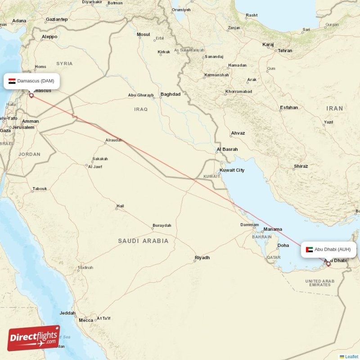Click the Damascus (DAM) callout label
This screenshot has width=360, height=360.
(32, 81)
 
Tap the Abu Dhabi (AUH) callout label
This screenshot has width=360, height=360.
(328, 249)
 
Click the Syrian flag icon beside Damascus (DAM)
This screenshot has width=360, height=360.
(12, 81)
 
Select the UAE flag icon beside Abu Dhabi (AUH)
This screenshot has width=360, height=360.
(309, 249)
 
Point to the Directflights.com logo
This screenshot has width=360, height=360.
(34, 338)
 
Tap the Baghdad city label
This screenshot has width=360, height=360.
(170, 94)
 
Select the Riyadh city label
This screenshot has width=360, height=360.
(202, 258)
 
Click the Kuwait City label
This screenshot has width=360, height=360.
(232, 171)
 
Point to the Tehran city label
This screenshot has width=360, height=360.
(285, 51)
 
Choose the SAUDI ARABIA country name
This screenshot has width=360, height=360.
(143, 241)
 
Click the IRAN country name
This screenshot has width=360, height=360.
(334, 108)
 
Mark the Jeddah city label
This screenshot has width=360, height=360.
(67, 313)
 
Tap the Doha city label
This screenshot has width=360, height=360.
(283, 246)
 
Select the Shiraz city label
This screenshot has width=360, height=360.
(301, 166)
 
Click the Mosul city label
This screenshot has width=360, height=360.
(143, 35)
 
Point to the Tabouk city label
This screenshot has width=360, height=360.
(40, 189)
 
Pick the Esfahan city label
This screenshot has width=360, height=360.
(288, 108)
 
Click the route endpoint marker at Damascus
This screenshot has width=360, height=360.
(31, 95)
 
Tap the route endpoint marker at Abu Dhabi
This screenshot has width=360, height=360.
(328, 264)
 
